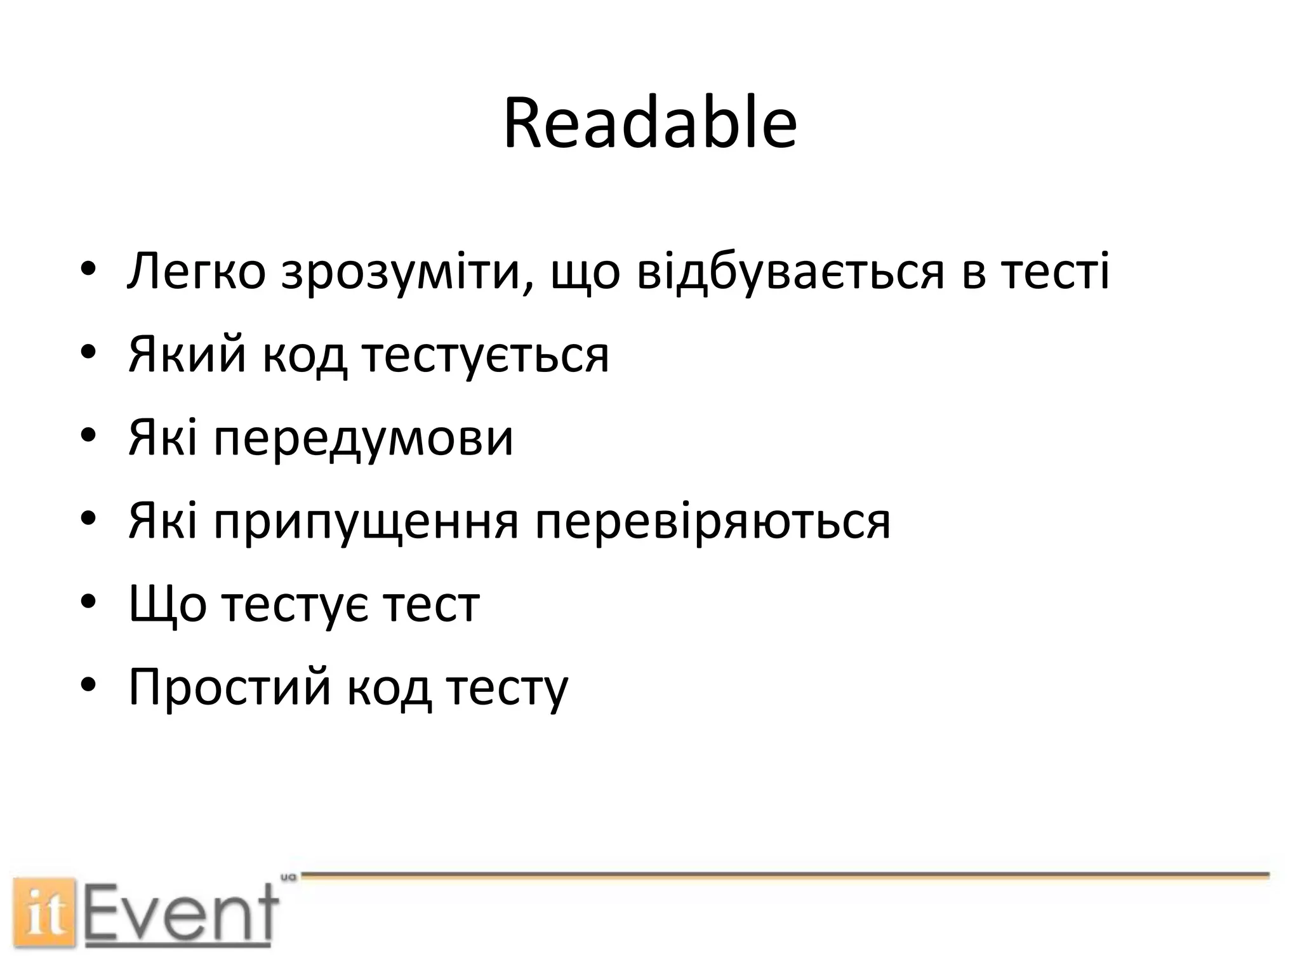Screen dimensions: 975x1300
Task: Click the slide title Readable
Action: tap(649, 124)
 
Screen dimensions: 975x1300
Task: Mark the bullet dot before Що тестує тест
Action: tap(88, 602)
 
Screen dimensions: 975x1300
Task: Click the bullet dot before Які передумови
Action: tap(88, 435)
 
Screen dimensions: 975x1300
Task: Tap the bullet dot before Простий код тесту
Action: tap(88, 685)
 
